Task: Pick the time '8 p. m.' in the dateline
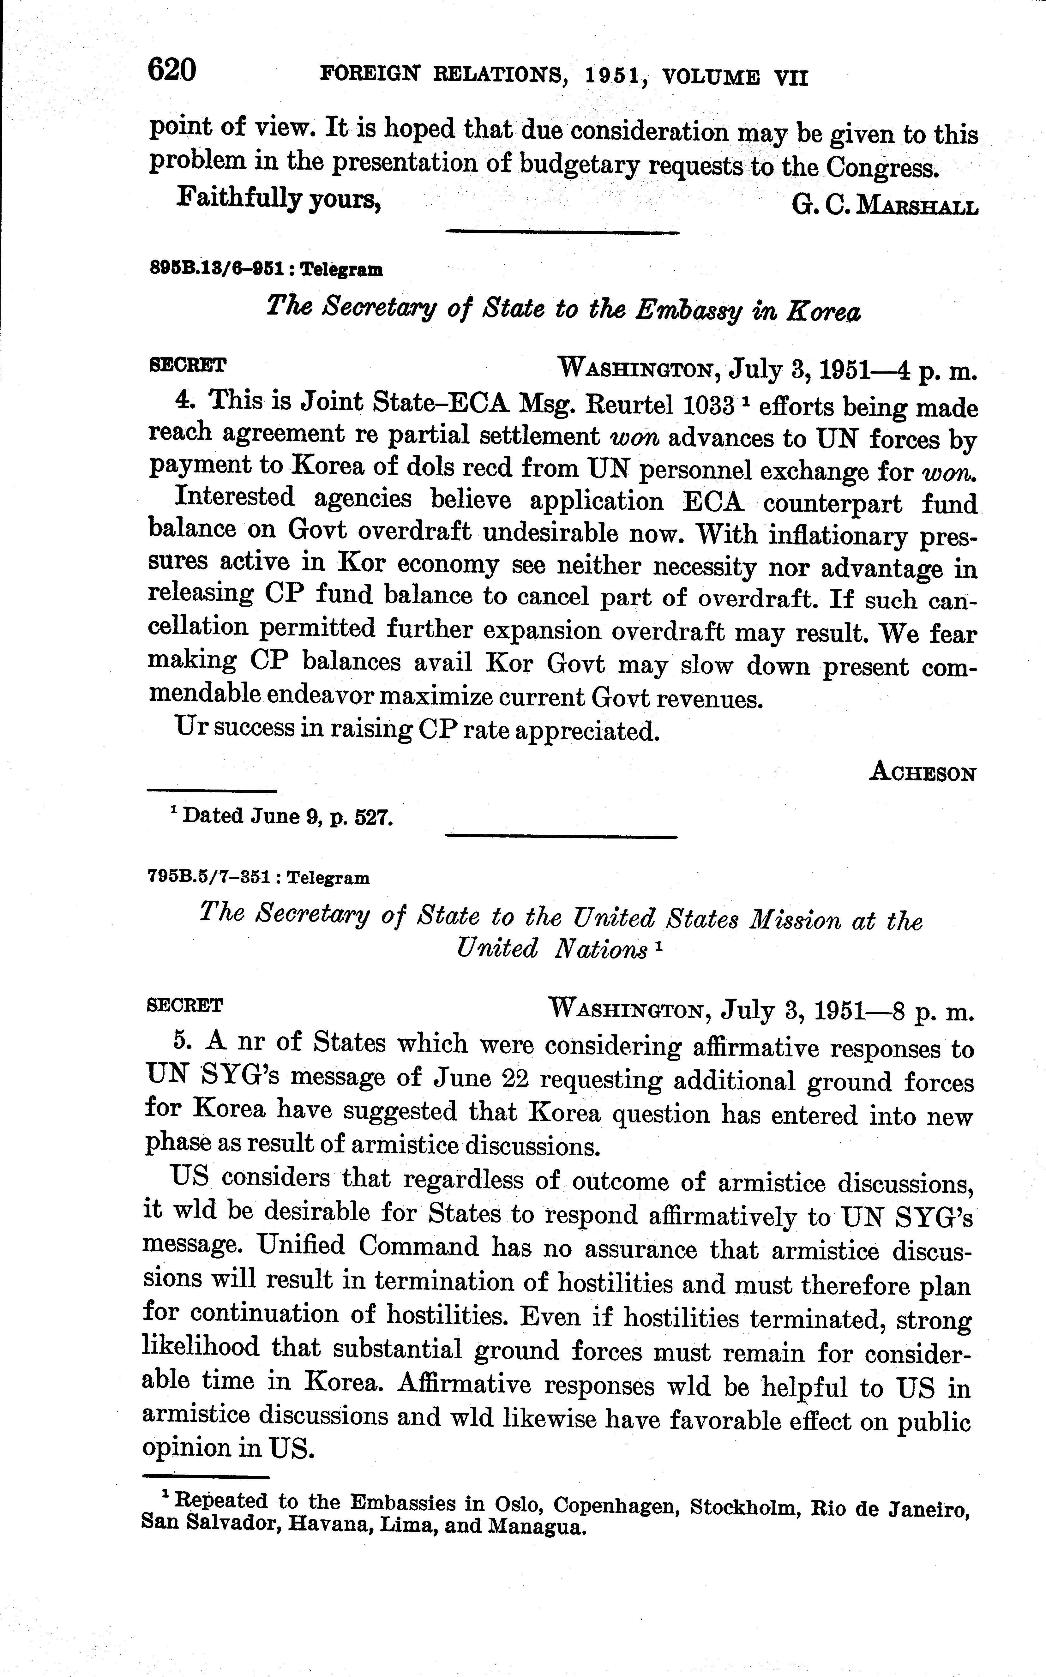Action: (933, 1012)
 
